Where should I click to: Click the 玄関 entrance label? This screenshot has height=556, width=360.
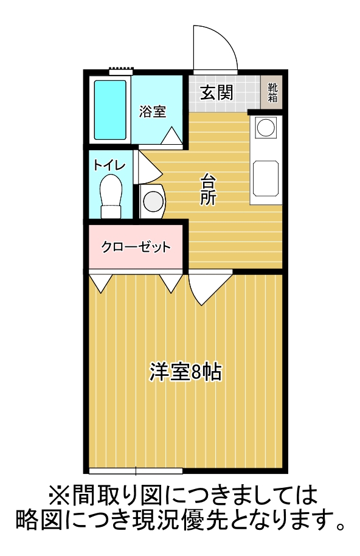[217, 92]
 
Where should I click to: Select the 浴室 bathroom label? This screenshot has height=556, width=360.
[153, 111]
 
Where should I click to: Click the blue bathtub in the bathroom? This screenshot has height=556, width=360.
[110, 109]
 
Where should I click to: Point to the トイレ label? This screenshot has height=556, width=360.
[109, 165]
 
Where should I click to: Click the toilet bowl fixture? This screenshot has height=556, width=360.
[111, 193]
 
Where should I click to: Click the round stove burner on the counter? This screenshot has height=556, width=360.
[266, 128]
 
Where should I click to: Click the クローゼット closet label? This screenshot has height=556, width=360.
[136, 247]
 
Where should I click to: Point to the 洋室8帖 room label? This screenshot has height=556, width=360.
[185, 372]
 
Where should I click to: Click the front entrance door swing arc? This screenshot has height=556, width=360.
[214, 50]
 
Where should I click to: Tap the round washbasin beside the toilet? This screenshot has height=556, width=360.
[152, 201]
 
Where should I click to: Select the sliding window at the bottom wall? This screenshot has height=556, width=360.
[136, 470]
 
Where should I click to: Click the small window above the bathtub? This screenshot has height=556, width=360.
[120, 71]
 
